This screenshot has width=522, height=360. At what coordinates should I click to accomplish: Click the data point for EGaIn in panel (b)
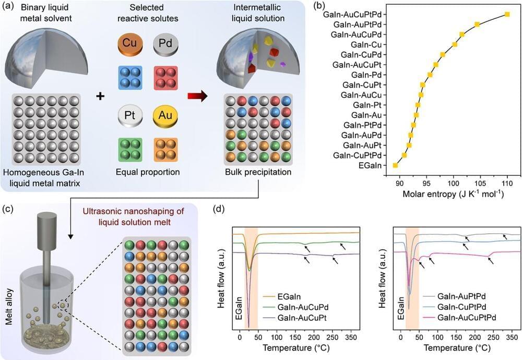396,165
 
